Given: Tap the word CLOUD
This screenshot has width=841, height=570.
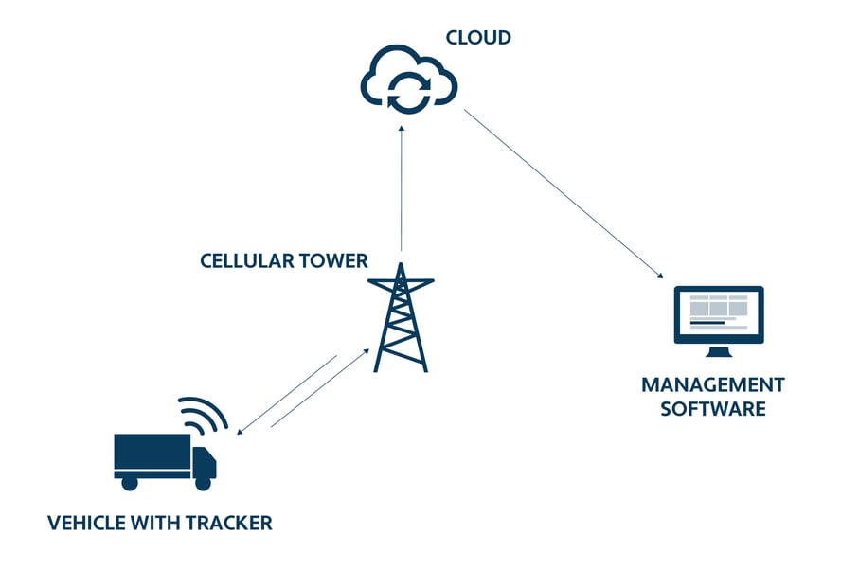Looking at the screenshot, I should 478,39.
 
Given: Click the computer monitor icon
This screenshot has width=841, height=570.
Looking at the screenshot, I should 718,315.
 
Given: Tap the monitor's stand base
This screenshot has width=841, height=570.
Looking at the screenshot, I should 719,354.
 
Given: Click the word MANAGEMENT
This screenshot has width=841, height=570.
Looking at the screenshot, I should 712,385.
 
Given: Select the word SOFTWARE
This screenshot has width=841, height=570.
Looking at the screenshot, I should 712,409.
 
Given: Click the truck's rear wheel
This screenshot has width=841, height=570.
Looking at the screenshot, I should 130,483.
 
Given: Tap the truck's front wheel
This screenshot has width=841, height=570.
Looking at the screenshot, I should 203,483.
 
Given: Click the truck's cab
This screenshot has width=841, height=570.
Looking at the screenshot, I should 205,461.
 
